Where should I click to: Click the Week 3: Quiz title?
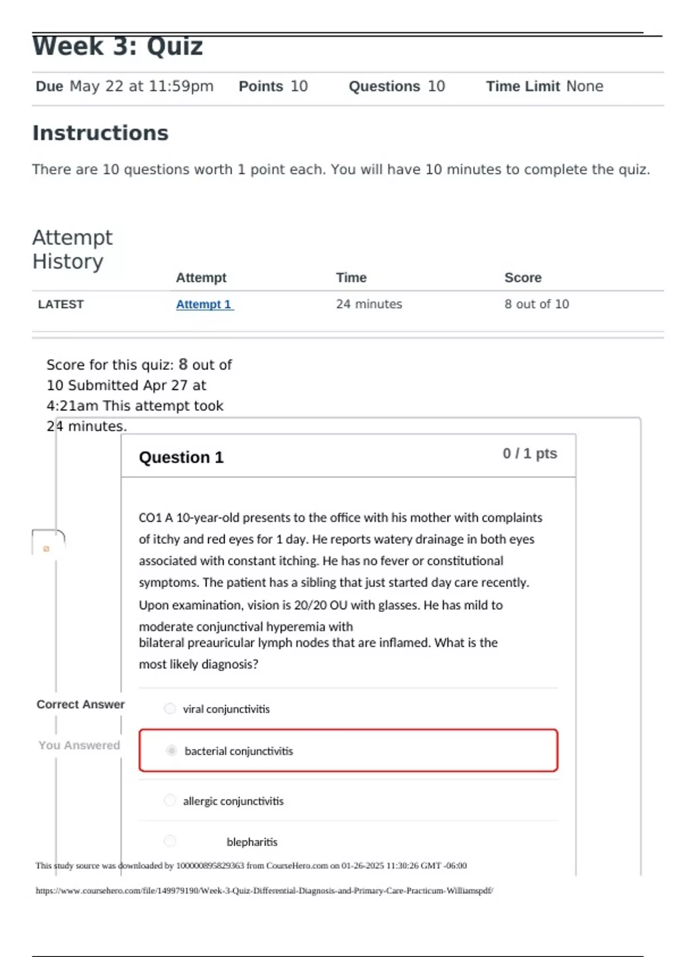tap(117, 46)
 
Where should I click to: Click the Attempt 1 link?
tap(204, 305)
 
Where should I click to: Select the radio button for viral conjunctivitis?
tap(170, 709)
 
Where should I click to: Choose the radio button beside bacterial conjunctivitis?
tap(172, 750)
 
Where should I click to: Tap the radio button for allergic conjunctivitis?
tap(170, 801)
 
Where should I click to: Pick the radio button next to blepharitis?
tap(170, 841)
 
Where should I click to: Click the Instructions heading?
tap(100, 133)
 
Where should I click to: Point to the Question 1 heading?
tap(181, 458)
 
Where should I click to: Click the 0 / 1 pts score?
tap(530, 454)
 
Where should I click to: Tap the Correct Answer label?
tap(81, 704)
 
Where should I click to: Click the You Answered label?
tap(79, 745)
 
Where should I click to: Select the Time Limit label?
tap(523, 86)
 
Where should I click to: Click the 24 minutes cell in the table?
tap(369, 305)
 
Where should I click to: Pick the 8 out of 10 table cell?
tap(536, 305)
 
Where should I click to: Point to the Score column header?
tap(523, 278)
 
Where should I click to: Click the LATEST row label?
tap(61, 305)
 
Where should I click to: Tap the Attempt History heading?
tap(72, 249)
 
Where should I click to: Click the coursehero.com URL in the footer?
tap(264, 891)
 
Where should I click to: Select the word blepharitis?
tap(252, 842)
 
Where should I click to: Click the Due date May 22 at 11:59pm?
tap(141, 86)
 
